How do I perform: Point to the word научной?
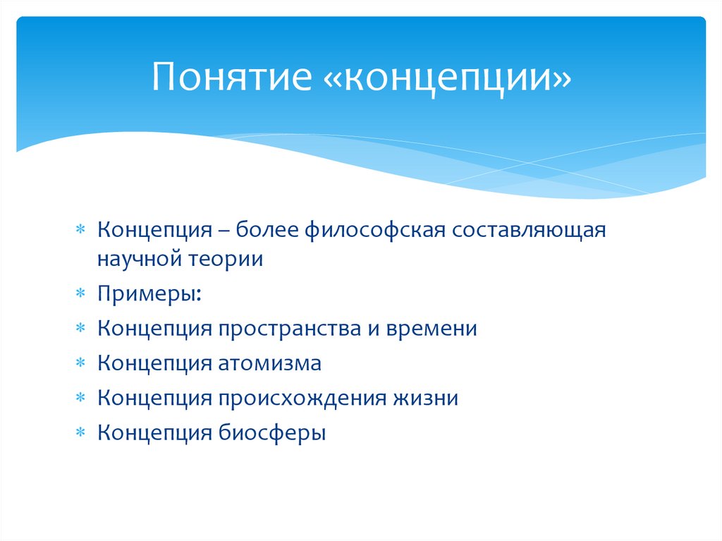point(140,259)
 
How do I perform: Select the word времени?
point(431,329)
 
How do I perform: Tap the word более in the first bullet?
point(267,231)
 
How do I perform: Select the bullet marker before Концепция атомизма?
point(81,363)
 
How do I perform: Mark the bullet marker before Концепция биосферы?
point(81,432)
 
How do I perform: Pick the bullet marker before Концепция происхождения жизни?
point(81,398)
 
